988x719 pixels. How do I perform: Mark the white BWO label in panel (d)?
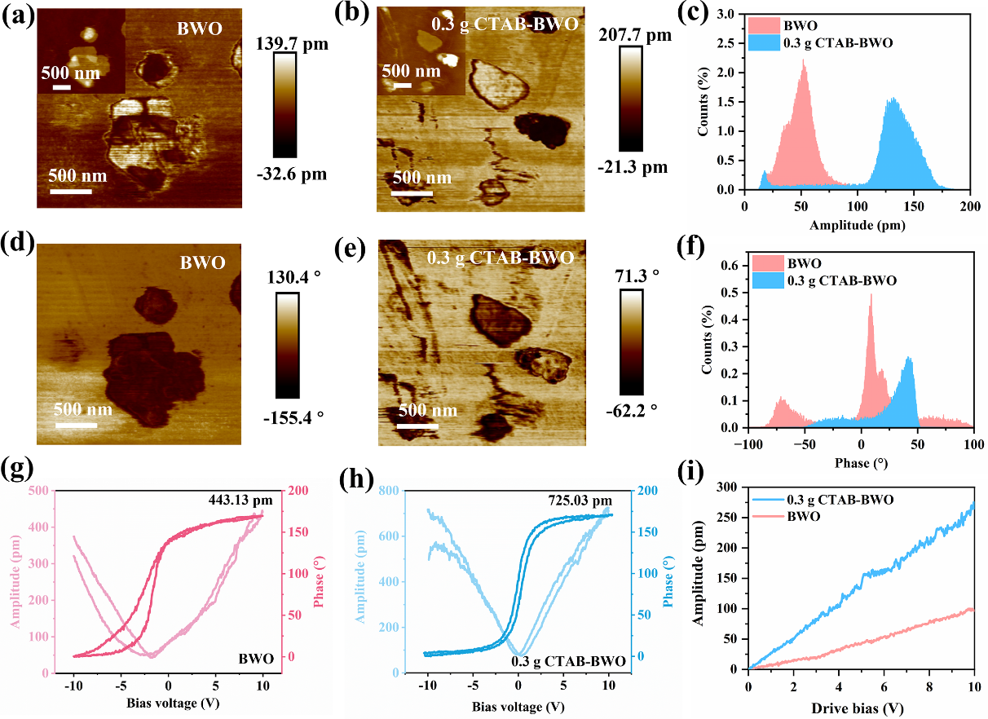tap(201, 264)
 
